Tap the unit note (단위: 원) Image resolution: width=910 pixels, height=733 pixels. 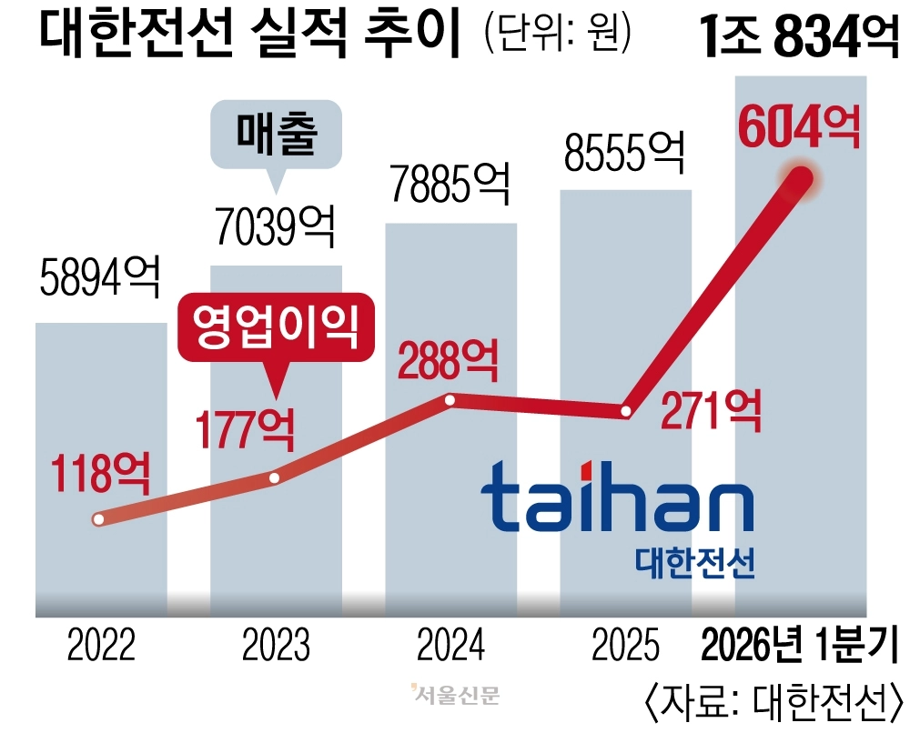coord(557,34)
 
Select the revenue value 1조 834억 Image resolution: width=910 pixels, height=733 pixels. coord(800,38)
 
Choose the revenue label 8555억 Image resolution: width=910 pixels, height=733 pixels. coord(624,152)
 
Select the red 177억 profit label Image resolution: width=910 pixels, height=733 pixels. coord(244,427)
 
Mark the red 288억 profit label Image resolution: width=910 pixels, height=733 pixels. coord(449,361)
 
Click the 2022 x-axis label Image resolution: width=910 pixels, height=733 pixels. coord(101,648)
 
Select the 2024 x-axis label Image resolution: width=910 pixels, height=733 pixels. coord(450,648)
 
